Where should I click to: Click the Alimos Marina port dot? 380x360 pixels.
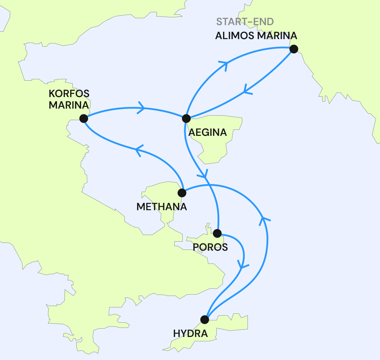click(294, 49)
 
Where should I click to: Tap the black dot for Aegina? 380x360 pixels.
click(186, 118)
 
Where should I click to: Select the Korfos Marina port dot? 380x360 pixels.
click(84, 119)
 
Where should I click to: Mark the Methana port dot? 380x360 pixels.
click(182, 193)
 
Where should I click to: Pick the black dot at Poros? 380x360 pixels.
click(217, 233)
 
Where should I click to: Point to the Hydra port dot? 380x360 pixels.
click(205, 319)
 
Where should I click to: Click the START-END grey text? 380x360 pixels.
click(245, 22)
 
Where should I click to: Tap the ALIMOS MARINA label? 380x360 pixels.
click(256, 36)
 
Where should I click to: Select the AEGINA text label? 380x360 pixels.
click(207, 133)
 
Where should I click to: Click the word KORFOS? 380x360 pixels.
click(69, 94)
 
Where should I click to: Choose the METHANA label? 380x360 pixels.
click(162, 207)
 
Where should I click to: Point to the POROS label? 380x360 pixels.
click(210, 247)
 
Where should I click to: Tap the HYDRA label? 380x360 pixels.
click(191, 334)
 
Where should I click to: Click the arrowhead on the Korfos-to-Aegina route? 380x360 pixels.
click(142, 108)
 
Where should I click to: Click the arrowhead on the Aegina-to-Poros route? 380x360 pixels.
click(204, 173)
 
